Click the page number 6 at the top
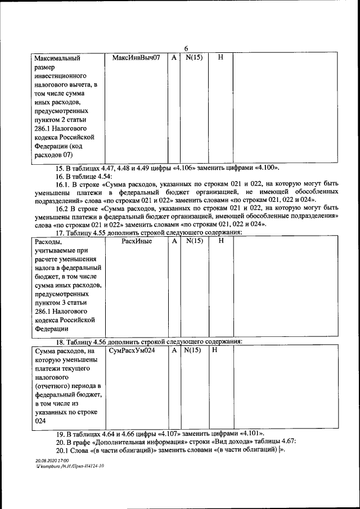(186, 48)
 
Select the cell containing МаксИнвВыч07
(137, 58)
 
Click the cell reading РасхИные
(137, 241)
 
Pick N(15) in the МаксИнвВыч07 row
(193, 58)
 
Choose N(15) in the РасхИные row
(193, 241)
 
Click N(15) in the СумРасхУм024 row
(193, 350)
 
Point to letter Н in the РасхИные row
(220, 241)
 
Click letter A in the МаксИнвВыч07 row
(174, 58)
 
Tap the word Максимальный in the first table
(57, 58)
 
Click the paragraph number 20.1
(63, 451)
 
